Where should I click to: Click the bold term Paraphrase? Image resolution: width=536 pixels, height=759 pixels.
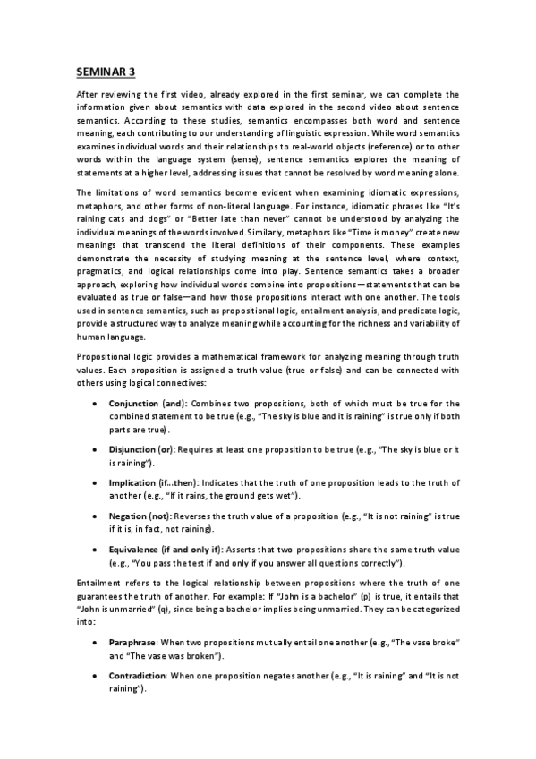tap(133, 643)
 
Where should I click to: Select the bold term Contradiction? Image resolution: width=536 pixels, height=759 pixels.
tap(138, 675)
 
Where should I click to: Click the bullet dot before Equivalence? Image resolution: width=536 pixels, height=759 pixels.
tap(96, 549)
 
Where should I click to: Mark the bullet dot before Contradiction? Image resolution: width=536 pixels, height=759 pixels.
tap(96, 675)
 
